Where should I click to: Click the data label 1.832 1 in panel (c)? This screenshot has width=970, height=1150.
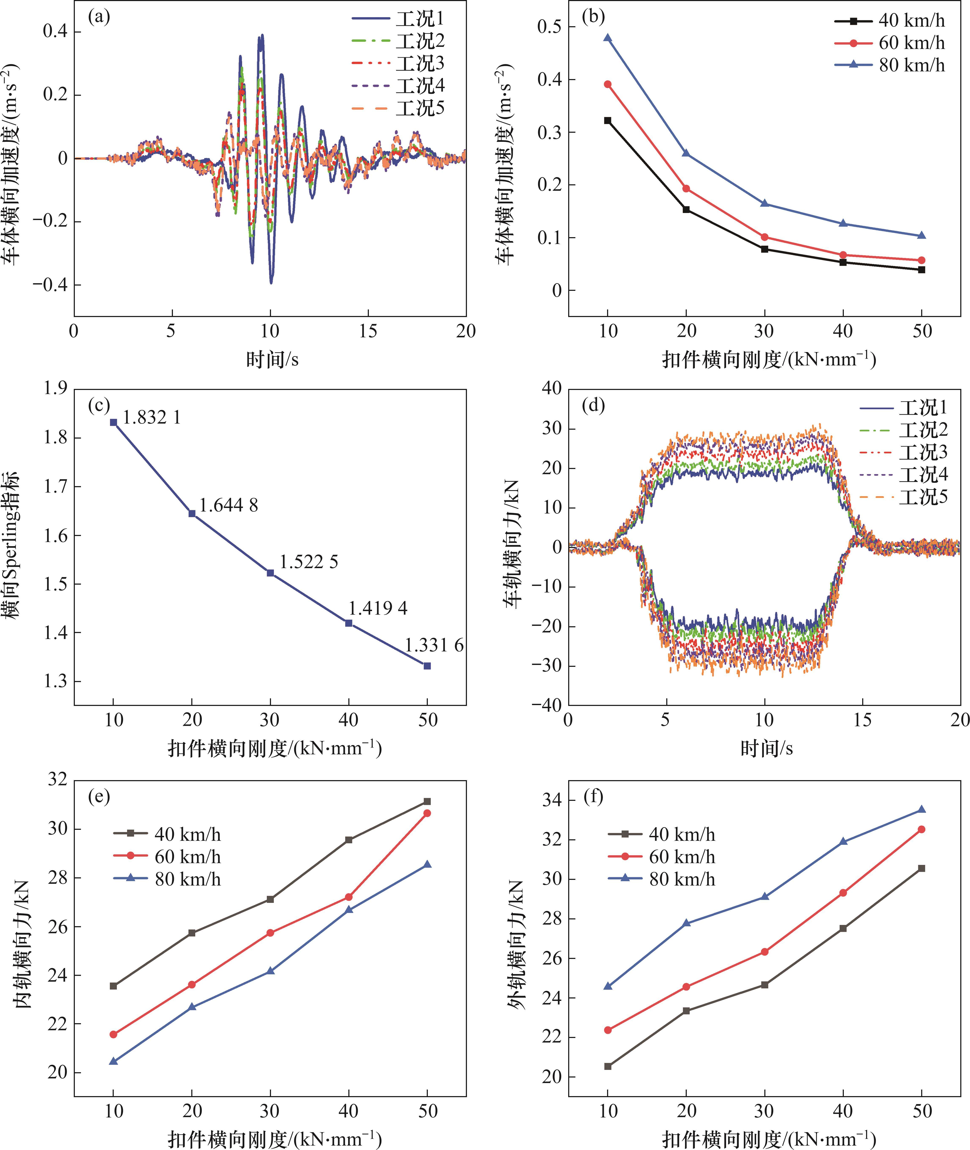pos(152,418)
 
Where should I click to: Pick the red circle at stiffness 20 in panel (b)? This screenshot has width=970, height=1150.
pos(686,189)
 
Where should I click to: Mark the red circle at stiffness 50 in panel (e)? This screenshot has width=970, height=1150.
pos(427,813)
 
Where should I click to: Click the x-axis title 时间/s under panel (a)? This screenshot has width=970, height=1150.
pos(272,360)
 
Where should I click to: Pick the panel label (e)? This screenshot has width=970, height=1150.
pos(99,797)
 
